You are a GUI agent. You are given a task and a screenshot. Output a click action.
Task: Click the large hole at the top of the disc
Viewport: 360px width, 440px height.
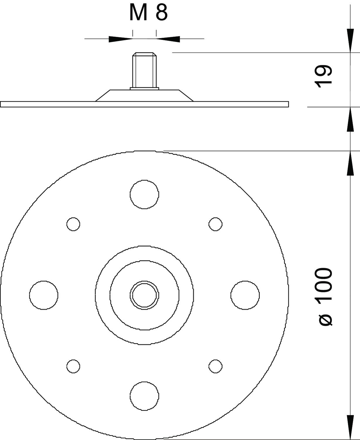click(144, 194)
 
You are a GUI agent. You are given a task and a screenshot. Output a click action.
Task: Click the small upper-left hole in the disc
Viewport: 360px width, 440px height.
click(73, 224)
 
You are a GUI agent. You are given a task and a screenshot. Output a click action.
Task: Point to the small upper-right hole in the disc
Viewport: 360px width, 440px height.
click(215, 224)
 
